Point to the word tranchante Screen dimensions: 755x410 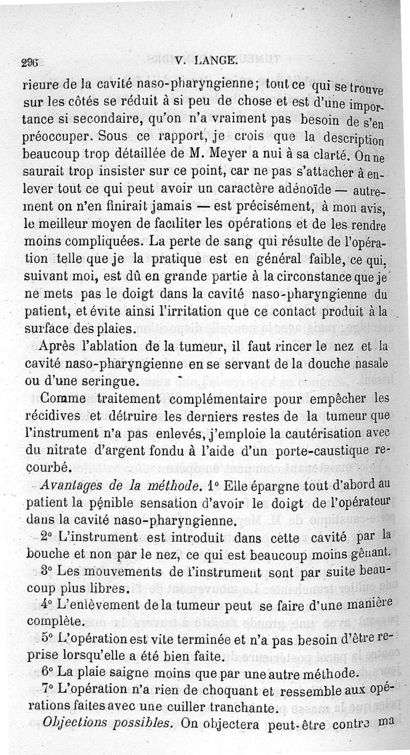[x=241, y=707]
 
